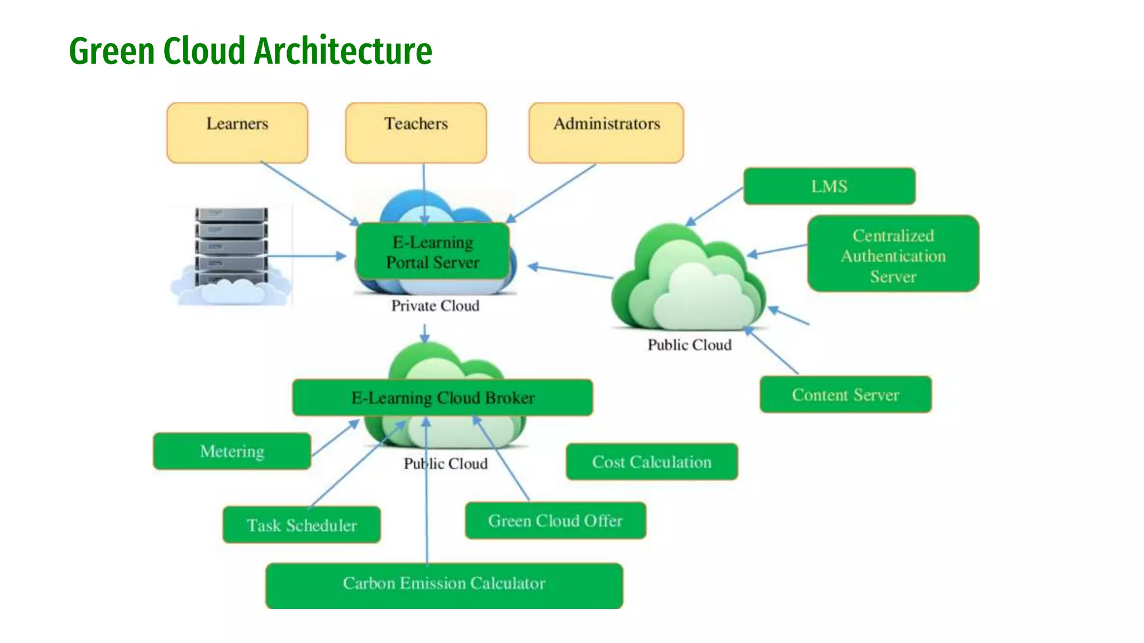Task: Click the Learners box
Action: (x=237, y=133)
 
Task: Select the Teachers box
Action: (x=416, y=133)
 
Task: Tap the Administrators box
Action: (x=606, y=133)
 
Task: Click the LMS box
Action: (x=829, y=186)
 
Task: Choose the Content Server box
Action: (x=845, y=395)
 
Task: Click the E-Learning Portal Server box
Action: (x=432, y=252)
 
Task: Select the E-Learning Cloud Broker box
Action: (x=442, y=397)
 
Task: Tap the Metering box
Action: (x=232, y=451)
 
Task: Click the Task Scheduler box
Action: (x=302, y=525)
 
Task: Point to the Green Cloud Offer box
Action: (x=555, y=520)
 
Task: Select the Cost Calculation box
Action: (x=651, y=462)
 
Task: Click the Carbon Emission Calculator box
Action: (x=444, y=583)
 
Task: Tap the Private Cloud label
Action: (x=435, y=306)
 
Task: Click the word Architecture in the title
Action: (x=343, y=51)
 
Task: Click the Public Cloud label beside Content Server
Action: (x=689, y=345)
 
